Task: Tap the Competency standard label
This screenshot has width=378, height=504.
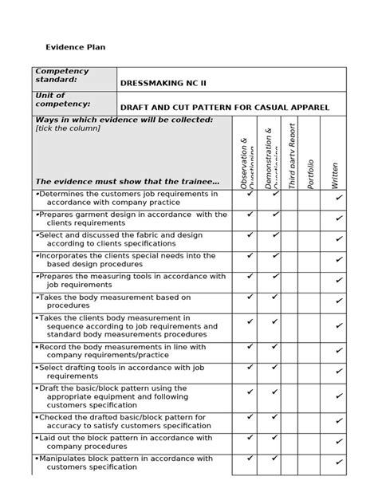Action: [62, 76]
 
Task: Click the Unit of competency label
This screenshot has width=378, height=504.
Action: [62, 100]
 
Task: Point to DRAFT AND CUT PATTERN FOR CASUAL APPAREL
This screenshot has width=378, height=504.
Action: [224, 107]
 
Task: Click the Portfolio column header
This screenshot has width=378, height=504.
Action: [309, 174]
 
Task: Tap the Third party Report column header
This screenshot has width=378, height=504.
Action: [292, 156]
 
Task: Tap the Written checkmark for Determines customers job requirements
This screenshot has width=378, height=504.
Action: [339, 197]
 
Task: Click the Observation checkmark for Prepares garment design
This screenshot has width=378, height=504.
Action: [250, 214]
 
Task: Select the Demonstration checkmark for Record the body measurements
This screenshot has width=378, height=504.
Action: [275, 346]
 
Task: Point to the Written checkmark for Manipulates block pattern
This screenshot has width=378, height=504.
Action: [339, 464]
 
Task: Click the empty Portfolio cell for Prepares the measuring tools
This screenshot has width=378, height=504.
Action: [310, 281]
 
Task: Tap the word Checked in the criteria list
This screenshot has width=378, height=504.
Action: [56, 416]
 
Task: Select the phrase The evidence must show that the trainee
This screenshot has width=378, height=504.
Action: [128, 181]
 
